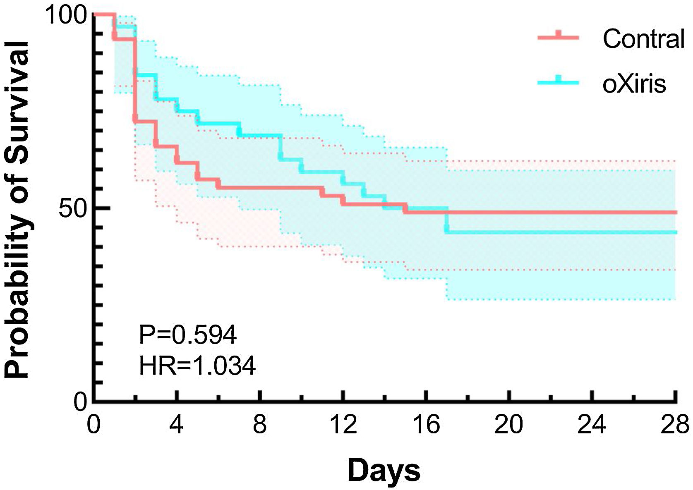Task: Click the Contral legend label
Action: point(643,39)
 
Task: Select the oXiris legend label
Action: point(634,84)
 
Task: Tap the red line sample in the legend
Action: point(558,37)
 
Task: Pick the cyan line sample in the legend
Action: point(558,82)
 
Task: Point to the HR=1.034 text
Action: point(197,366)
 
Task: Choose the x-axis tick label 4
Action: point(177,425)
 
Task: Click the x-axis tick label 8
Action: point(259,425)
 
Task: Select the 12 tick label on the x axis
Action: point(343,425)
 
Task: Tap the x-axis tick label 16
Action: point(426,425)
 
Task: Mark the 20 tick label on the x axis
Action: point(509,425)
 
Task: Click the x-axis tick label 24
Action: point(592,425)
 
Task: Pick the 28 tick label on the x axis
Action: point(675,425)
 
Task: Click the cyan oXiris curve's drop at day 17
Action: point(446,222)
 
